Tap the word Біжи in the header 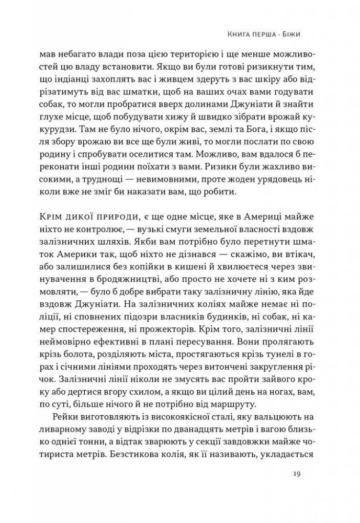294,36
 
